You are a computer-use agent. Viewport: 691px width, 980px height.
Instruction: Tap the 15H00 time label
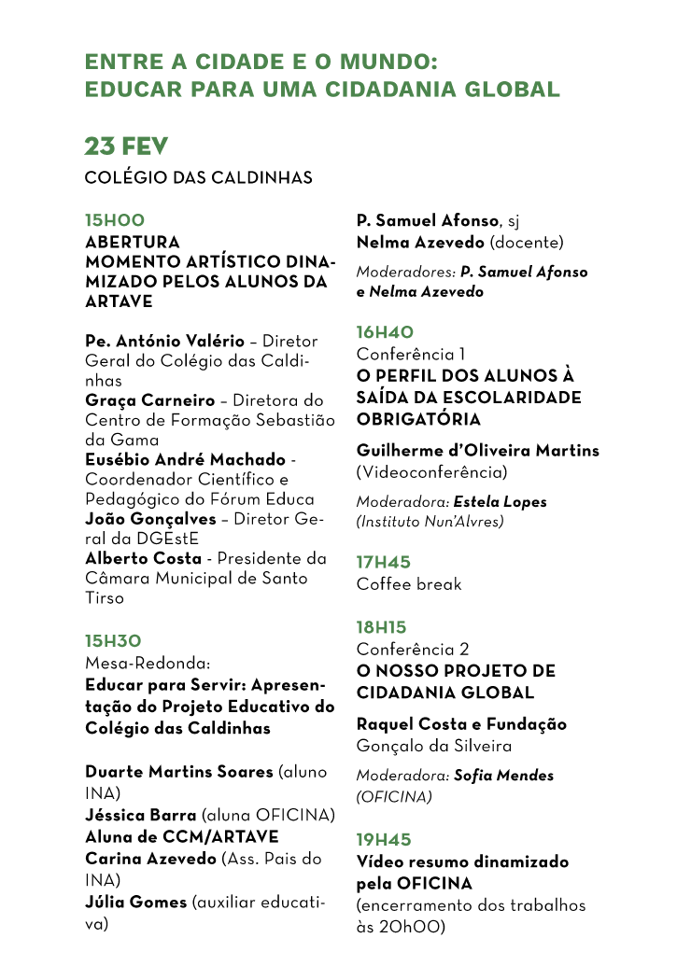[x=115, y=220]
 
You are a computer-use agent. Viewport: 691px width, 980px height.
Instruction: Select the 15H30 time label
[x=113, y=641]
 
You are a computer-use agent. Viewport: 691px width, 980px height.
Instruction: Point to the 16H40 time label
[x=385, y=331]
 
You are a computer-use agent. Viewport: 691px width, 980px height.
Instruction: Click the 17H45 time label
[x=384, y=562]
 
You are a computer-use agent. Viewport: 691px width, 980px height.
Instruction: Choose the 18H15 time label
[x=382, y=627]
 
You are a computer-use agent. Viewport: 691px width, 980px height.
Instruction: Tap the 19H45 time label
[x=384, y=839]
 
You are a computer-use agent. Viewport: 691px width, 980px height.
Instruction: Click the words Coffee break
[x=409, y=584]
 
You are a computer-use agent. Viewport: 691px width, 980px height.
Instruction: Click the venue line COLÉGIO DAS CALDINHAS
[x=198, y=177]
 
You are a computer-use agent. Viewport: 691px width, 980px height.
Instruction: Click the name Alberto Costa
[x=143, y=558]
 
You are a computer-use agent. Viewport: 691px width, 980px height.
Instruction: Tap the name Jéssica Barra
[x=141, y=815]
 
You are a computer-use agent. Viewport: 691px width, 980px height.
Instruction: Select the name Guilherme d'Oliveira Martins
[x=478, y=451]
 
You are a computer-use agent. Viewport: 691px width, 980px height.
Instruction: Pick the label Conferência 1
[x=411, y=354]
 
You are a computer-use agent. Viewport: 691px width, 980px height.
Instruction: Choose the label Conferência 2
[x=413, y=649]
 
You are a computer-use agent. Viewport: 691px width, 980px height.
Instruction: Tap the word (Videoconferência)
[x=432, y=472]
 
